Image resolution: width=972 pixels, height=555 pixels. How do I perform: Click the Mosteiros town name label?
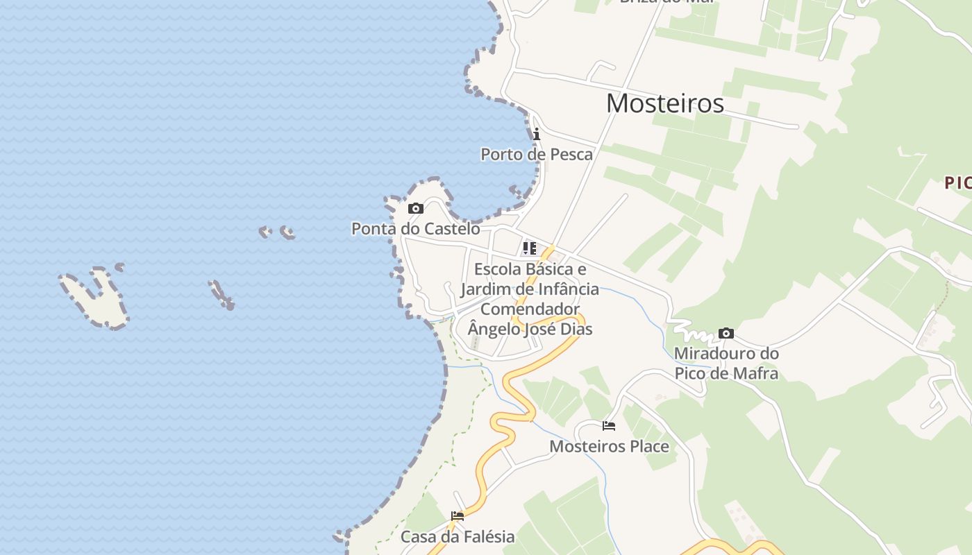pyautogui.click(x=664, y=103)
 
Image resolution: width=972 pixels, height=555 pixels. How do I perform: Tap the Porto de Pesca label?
pyautogui.click(x=537, y=154)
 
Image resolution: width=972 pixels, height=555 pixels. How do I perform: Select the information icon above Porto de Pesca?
pyautogui.click(x=537, y=134)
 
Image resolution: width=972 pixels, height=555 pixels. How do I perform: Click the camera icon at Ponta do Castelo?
pyautogui.click(x=415, y=208)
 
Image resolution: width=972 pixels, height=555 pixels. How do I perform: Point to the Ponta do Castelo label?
pyautogui.click(x=415, y=228)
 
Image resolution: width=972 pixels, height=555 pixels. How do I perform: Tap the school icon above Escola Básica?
pyautogui.click(x=530, y=248)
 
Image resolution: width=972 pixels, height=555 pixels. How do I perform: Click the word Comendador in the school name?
pyautogui.click(x=530, y=309)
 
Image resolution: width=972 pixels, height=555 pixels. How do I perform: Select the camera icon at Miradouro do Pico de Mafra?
pyautogui.click(x=726, y=334)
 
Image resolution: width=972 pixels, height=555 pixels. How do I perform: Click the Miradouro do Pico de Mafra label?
pyautogui.click(x=726, y=364)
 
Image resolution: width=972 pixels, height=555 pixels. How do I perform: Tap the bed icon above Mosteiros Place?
pyautogui.click(x=609, y=426)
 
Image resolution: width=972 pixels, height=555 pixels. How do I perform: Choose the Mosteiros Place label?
pyautogui.click(x=609, y=446)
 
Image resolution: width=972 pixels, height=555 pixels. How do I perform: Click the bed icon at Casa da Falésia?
pyautogui.click(x=457, y=516)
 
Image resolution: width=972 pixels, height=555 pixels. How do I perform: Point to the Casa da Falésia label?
pyautogui.click(x=458, y=536)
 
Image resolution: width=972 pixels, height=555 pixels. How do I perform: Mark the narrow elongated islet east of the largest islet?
pyautogui.click(x=221, y=294)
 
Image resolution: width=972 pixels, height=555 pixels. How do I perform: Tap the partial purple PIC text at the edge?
pyautogui.click(x=957, y=183)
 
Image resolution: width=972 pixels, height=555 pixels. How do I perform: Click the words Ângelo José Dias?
pyautogui.click(x=530, y=329)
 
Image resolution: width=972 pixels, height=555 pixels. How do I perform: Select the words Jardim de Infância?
pyautogui.click(x=530, y=289)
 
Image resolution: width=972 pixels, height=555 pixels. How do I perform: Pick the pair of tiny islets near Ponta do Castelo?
pyautogui.click(x=276, y=232)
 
